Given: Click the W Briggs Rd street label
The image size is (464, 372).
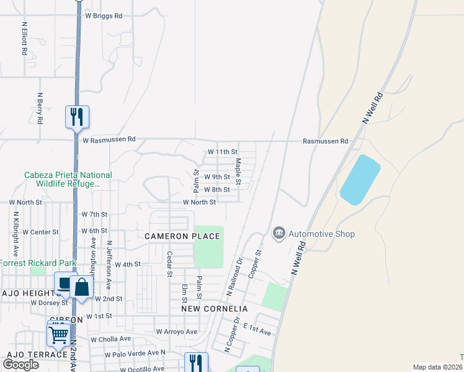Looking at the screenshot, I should coord(104,15).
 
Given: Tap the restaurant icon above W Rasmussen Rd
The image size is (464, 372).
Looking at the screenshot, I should coord(77,117).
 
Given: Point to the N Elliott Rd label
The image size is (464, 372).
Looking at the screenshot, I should coord(24,40).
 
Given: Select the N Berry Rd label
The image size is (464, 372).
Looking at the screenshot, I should coord(39,108).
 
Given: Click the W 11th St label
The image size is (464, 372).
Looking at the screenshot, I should coord(223,151).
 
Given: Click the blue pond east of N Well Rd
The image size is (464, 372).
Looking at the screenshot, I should coord(360,180).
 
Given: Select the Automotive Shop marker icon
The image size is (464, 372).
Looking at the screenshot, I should coord(279,233).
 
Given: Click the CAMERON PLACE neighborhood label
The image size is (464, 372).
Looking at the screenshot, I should coord(183,236).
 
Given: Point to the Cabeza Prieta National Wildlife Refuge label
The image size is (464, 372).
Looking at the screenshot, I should coord(68,180).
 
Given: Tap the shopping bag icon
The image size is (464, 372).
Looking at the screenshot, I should coord(81,286).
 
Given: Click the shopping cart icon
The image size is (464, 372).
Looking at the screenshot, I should coord(59,334).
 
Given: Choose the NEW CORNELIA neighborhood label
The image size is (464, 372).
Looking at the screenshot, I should coord(215,308).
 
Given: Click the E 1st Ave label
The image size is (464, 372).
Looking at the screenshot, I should coord(257,329).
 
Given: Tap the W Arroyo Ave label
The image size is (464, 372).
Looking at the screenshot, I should coord(176,332).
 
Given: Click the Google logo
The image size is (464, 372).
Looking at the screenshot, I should coord(21,365).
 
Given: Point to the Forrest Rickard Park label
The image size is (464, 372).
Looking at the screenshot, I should coord(37,263).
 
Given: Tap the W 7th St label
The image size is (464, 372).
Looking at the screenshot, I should coord(94,214).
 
